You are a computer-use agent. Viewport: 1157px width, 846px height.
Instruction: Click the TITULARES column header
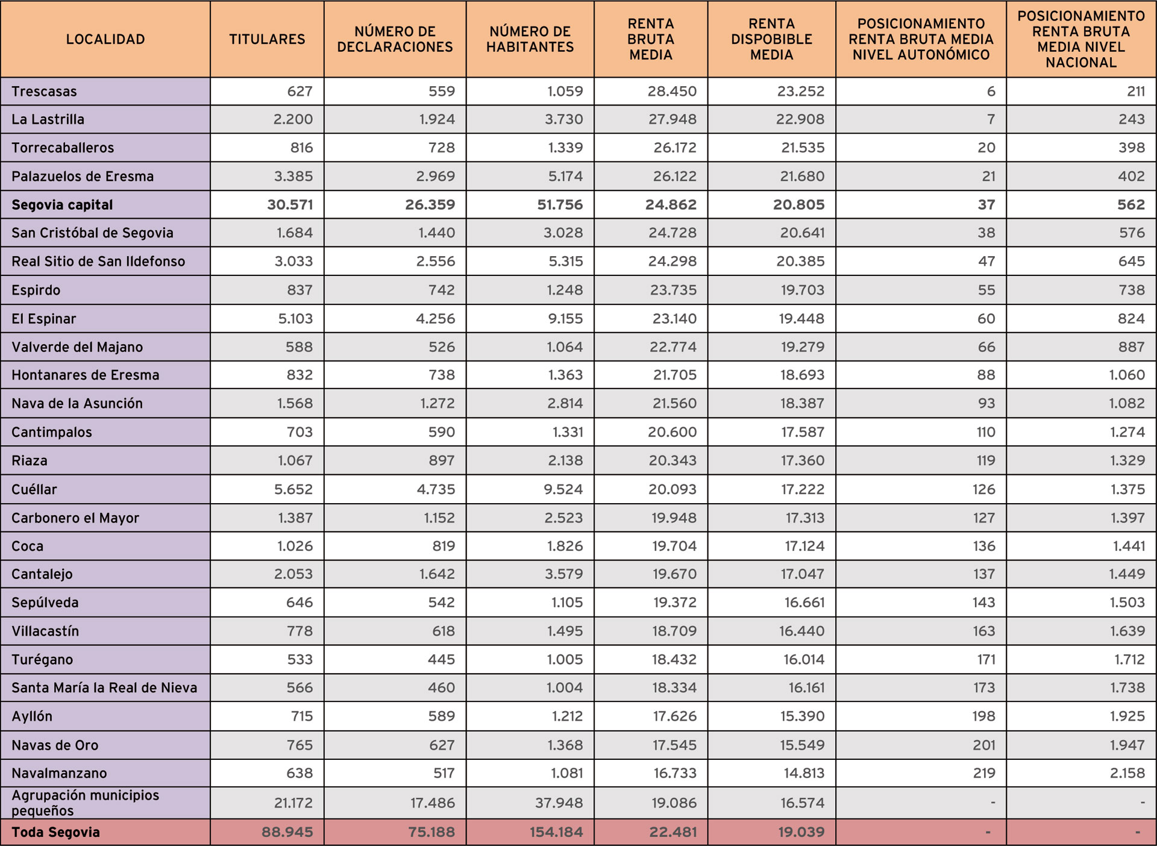tap(267, 39)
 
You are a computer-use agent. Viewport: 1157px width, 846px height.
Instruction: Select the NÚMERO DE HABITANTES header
tap(530, 39)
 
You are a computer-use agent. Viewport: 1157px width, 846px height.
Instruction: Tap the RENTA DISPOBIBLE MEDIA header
tap(771, 39)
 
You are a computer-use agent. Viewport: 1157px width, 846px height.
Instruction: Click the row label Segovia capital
tap(62, 205)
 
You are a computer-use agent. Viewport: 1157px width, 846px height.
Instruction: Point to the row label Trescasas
tap(44, 92)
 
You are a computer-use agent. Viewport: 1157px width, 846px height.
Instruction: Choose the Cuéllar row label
tap(34, 489)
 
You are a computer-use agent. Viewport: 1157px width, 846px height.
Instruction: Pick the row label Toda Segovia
tap(55, 832)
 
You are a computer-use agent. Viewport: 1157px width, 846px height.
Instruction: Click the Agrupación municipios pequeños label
tap(85, 803)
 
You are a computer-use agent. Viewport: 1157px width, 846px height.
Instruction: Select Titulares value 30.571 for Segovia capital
tap(290, 205)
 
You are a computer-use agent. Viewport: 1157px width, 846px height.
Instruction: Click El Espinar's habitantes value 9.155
tap(565, 319)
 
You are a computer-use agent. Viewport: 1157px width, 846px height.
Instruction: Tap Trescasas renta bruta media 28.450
tap(672, 92)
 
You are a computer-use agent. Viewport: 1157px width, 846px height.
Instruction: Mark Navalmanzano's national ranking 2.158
tap(1127, 773)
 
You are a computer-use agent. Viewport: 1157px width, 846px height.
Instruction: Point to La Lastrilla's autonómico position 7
tap(990, 119)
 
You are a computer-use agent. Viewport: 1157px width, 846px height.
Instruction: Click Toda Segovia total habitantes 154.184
tap(556, 832)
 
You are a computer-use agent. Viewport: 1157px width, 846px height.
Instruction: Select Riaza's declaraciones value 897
tap(441, 460)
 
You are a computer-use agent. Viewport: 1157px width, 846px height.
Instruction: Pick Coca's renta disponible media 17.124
tap(804, 546)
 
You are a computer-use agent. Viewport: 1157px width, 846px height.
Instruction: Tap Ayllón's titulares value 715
tap(302, 716)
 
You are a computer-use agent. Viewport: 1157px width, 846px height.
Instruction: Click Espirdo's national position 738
tap(1131, 290)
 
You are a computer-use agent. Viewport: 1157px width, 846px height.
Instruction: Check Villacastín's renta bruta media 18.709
tap(674, 631)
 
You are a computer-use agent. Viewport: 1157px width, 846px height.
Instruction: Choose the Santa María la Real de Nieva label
tap(104, 688)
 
